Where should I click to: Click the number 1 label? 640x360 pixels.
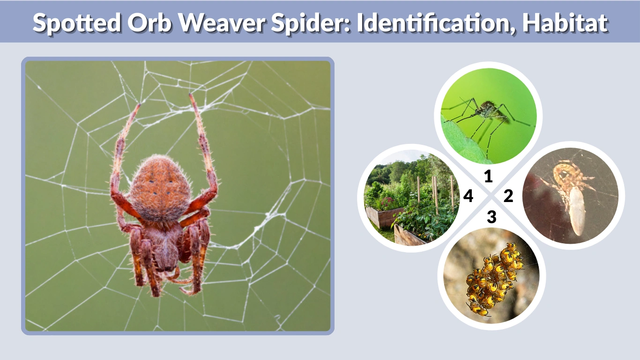[489, 177]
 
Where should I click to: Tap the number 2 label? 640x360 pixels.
[508, 196]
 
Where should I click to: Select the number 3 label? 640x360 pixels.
[491, 217]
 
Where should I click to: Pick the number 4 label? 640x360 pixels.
[468, 196]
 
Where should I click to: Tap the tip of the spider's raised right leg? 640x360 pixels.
[192, 96]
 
